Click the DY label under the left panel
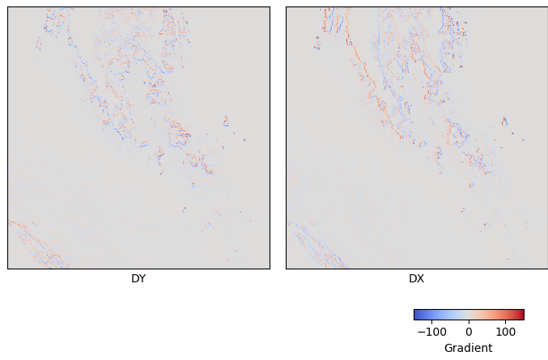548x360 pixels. click(x=138, y=279)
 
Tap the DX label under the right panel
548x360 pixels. click(x=416, y=279)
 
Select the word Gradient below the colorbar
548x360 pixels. click(x=468, y=348)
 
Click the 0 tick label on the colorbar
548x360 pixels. click(x=469, y=332)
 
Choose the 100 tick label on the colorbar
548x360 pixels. click(x=505, y=332)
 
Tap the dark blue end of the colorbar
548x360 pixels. click(x=416, y=315)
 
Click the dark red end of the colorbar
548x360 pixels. click(x=521, y=315)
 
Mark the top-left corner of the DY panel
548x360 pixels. click(x=8, y=7)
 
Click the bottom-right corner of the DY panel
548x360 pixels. click(x=270, y=269)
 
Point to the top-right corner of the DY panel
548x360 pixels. click(x=270, y=7)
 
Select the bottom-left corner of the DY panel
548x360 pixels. click(x=8, y=269)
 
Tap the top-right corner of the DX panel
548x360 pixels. click(x=547, y=7)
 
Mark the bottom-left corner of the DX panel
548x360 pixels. click(x=286, y=269)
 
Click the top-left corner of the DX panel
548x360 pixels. click(x=286, y=7)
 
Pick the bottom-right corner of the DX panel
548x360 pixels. click(x=547, y=269)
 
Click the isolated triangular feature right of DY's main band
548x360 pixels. click(x=226, y=121)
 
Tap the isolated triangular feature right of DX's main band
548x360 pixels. click(x=503, y=121)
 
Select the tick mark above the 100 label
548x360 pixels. click(x=505, y=321)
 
